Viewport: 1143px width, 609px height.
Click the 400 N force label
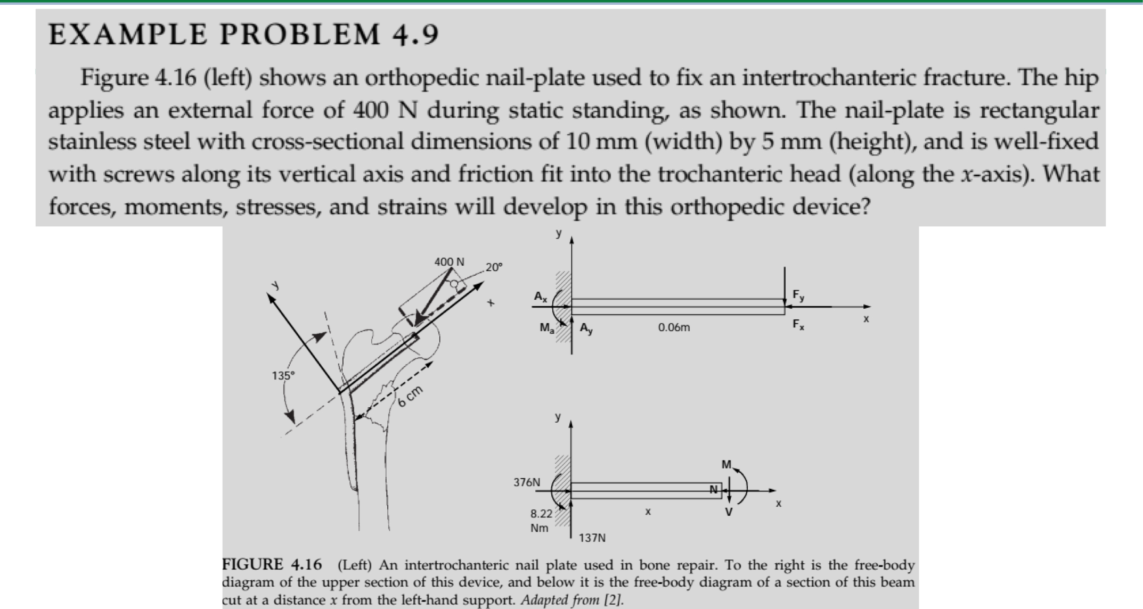(449, 262)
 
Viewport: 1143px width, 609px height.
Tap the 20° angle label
(493, 267)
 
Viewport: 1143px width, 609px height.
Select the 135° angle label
(282, 376)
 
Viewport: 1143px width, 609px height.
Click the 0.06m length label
(674, 328)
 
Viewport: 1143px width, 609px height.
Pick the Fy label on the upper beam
(798, 295)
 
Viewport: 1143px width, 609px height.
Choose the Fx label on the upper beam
(798, 324)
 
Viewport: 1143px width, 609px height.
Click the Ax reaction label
(541, 297)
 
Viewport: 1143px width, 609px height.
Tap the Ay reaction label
(586, 329)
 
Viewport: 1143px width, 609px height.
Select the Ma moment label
(546, 328)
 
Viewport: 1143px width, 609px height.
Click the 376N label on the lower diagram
(526, 482)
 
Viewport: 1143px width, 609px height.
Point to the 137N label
(592, 538)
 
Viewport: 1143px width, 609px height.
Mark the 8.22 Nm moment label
(541, 521)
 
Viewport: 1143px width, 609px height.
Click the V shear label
(728, 512)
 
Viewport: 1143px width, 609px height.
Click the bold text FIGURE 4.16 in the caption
(272, 564)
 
